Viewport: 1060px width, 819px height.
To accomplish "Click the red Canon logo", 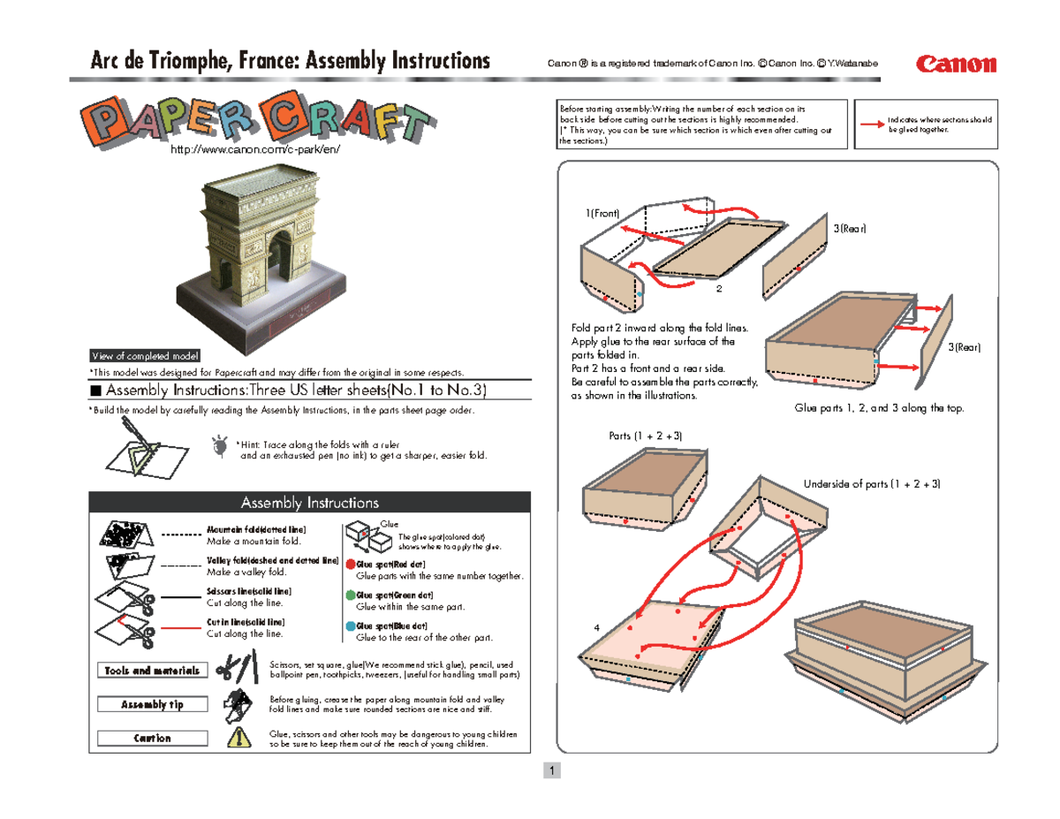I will tap(957, 64).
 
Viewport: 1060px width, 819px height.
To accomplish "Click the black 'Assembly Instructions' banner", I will tap(309, 503).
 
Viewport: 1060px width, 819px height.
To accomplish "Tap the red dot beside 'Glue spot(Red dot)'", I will tap(350, 565).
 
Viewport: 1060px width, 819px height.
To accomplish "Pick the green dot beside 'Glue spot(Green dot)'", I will tap(350, 596).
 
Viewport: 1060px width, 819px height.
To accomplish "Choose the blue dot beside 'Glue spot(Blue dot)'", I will tap(350, 627).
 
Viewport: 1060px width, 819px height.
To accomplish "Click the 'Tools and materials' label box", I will tap(153, 671).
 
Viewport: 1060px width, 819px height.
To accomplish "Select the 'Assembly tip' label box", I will tap(153, 704).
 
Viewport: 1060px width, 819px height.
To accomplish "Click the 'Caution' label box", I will tap(153, 738).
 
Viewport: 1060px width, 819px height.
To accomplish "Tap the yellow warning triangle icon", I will tap(237, 738).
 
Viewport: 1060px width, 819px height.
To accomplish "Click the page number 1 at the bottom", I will tap(551, 771).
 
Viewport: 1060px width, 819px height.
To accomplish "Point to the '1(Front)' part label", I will tap(602, 214).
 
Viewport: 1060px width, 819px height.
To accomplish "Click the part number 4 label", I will tap(598, 627).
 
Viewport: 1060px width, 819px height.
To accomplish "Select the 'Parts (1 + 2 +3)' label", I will tap(645, 436).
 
